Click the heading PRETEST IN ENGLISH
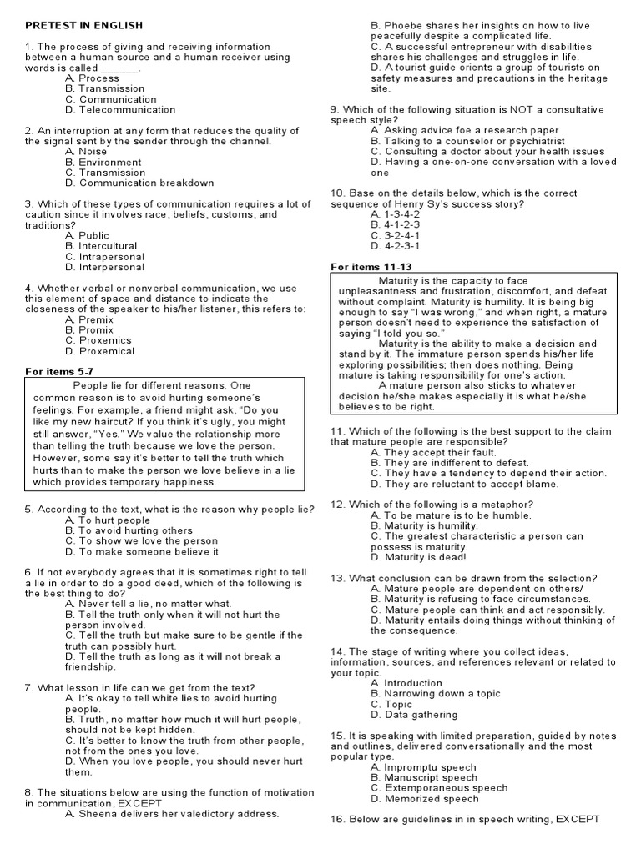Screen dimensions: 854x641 (x=83, y=26)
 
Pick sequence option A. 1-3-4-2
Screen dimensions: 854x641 (x=394, y=214)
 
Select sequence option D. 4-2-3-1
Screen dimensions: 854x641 (x=395, y=246)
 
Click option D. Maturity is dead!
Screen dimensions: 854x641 (x=419, y=557)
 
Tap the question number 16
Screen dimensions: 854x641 (x=338, y=820)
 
